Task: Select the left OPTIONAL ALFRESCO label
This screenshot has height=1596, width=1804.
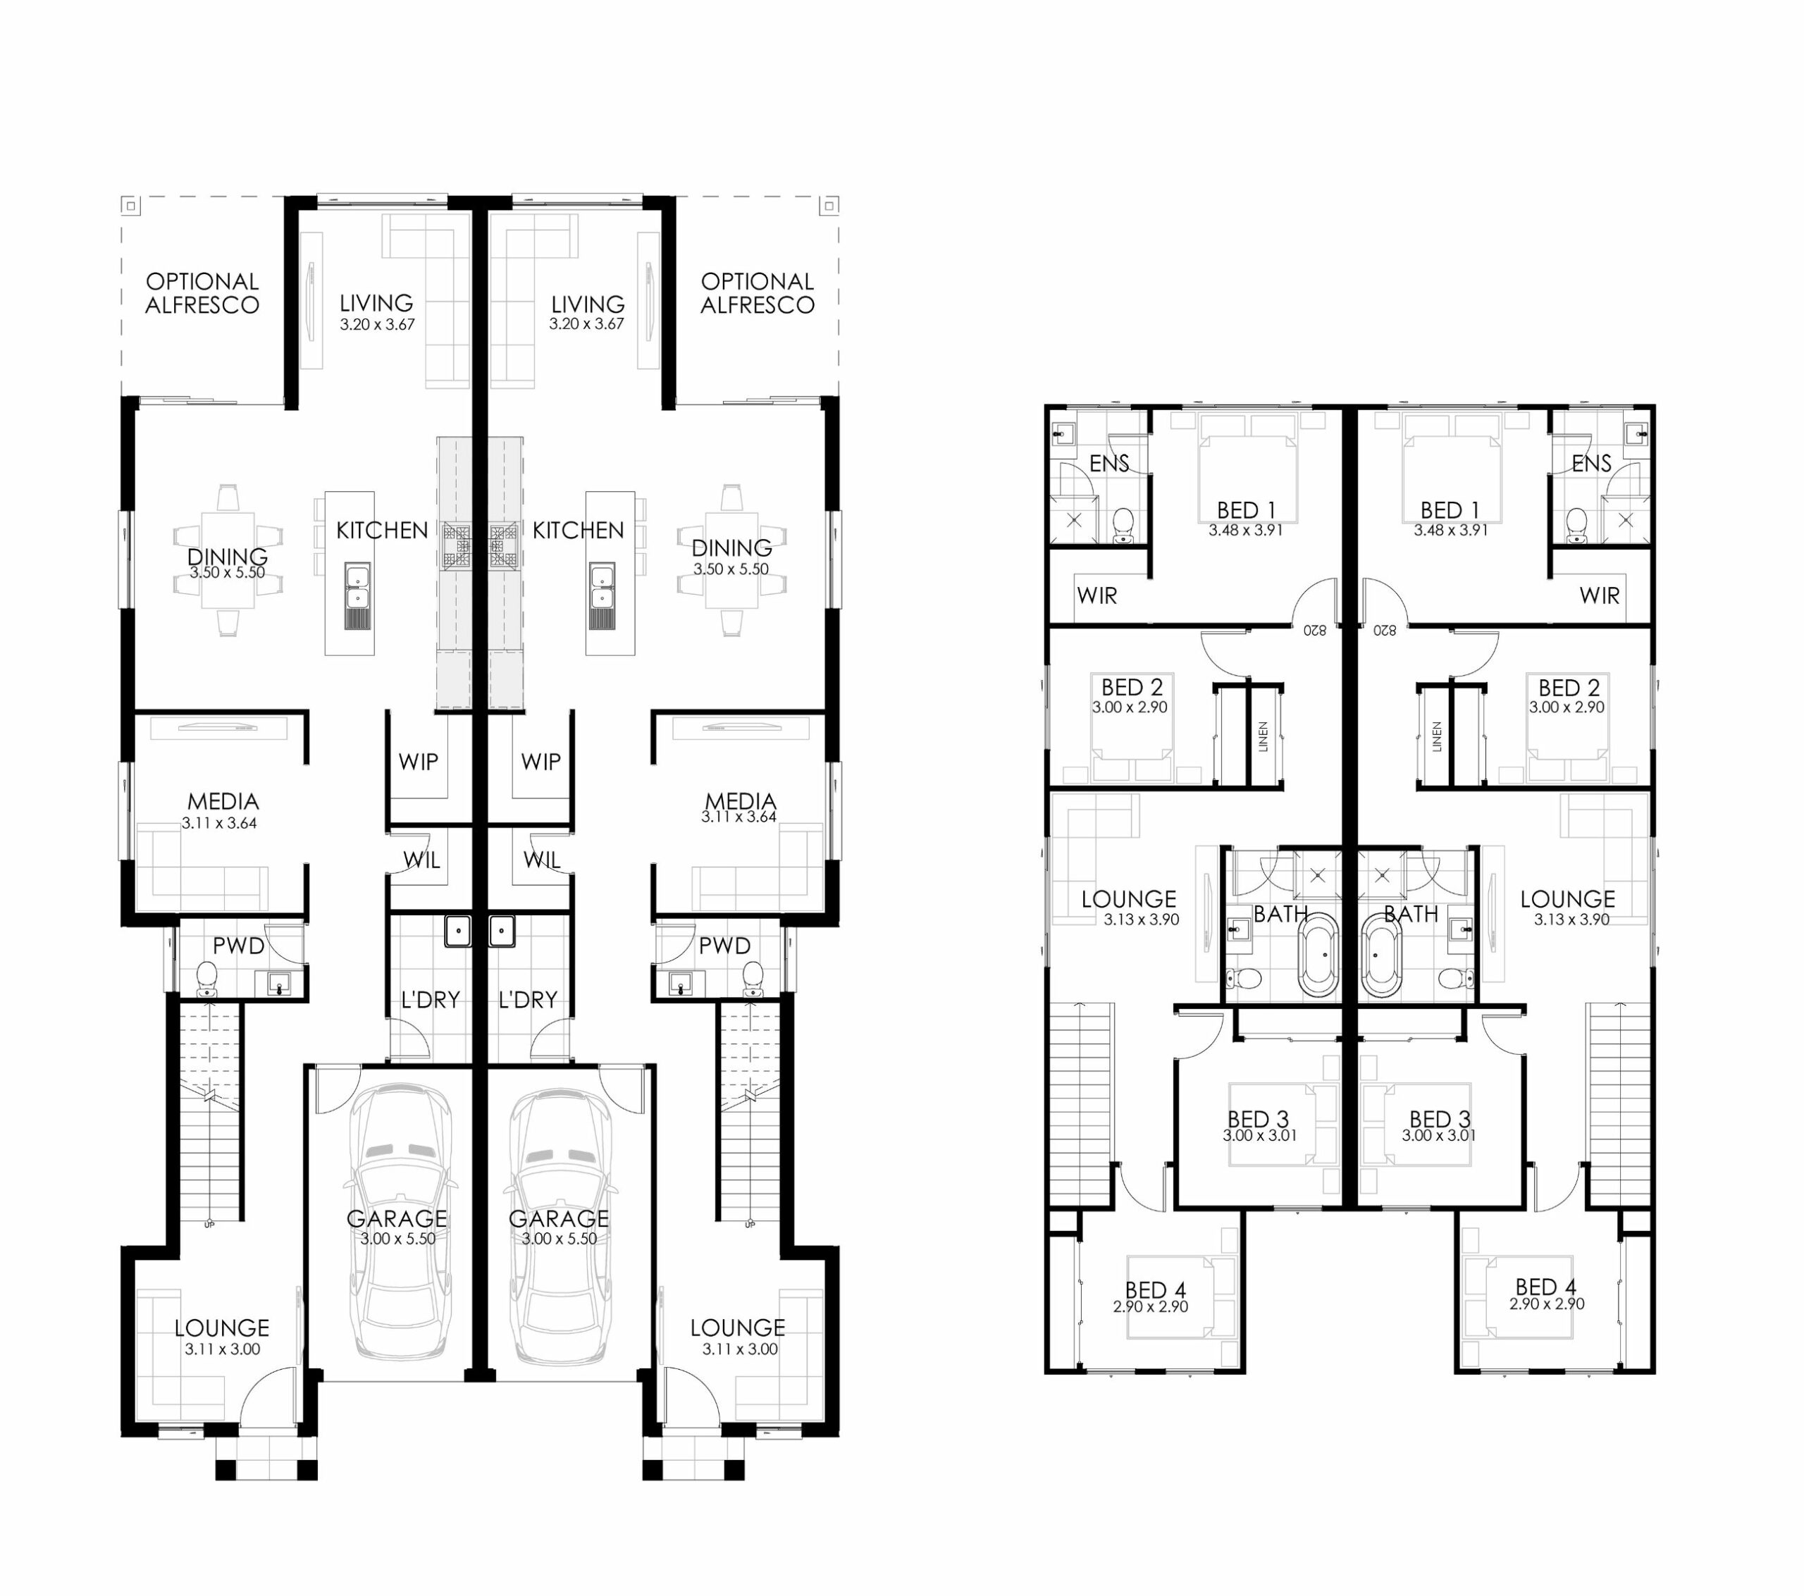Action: point(202,293)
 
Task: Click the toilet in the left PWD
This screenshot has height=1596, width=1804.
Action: point(206,978)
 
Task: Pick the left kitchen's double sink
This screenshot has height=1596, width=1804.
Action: point(357,587)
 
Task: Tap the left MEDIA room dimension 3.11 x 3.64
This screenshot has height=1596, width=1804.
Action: point(219,823)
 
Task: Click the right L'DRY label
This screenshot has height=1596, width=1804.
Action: point(528,999)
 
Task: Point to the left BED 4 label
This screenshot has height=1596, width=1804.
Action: point(1155,1289)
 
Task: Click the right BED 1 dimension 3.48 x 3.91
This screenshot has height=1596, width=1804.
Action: point(1451,530)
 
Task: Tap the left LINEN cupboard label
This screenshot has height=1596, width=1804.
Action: point(1263,736)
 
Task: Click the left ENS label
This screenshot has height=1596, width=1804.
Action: point(1108,464)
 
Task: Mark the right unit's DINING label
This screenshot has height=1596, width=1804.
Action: point(731,548)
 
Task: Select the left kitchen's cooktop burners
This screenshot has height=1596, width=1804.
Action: point(458,544)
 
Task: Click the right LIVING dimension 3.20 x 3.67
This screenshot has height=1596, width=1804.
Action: point(586,323)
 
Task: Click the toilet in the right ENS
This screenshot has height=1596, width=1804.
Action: point(1576,524)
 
